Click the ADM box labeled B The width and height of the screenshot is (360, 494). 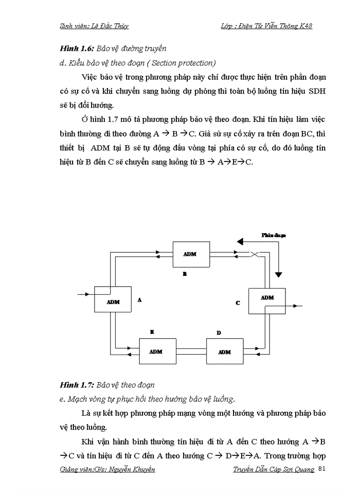pyautogui.click(x=191, y=254)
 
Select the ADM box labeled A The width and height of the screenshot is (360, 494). pyautogui.click(x=113, y=301)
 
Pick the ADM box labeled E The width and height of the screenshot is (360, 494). pyautogui.click(x=156, y=351)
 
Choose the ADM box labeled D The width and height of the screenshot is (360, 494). pyautogui.click(x=225, y=351)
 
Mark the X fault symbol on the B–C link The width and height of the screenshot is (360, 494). pyautogui.click(x=254, y=254)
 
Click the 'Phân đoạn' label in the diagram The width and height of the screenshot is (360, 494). pyautogui.click(x=273, y=235)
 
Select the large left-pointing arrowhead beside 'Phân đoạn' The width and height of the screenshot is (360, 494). pyautogui.click(x=239, y=241)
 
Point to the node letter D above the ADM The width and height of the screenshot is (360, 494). pyautogui.click(x=219, y=333)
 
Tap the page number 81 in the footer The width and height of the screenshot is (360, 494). pyautogui.click(x=323, y=468)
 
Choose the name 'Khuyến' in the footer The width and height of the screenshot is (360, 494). pyautogui.click(x=141, y=470)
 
